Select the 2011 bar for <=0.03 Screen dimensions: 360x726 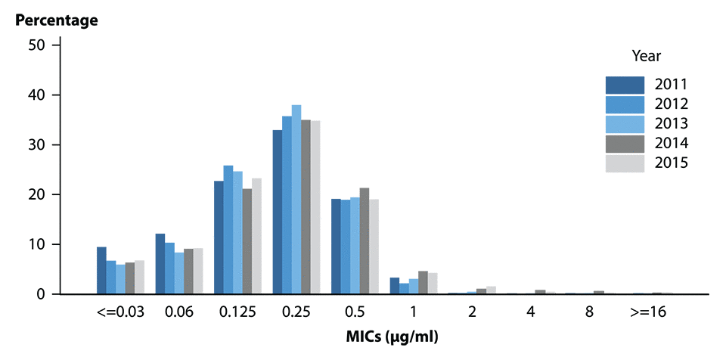(x=101, y=271)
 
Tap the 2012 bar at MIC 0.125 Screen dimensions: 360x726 (x=228, y=230)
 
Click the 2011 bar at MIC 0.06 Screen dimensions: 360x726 (x=160, y=264)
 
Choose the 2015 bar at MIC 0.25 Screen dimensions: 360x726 (x=315, y=207)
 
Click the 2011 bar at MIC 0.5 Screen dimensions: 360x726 (x=336, y=247)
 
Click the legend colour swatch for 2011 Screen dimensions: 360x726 (x=625, y=84)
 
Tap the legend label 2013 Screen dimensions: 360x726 (x=671, y=123)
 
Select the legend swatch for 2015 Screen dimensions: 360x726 (x=625, y=163)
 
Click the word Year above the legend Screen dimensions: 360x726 (x=646, y=56)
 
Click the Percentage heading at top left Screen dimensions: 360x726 (x=57, y=20)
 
